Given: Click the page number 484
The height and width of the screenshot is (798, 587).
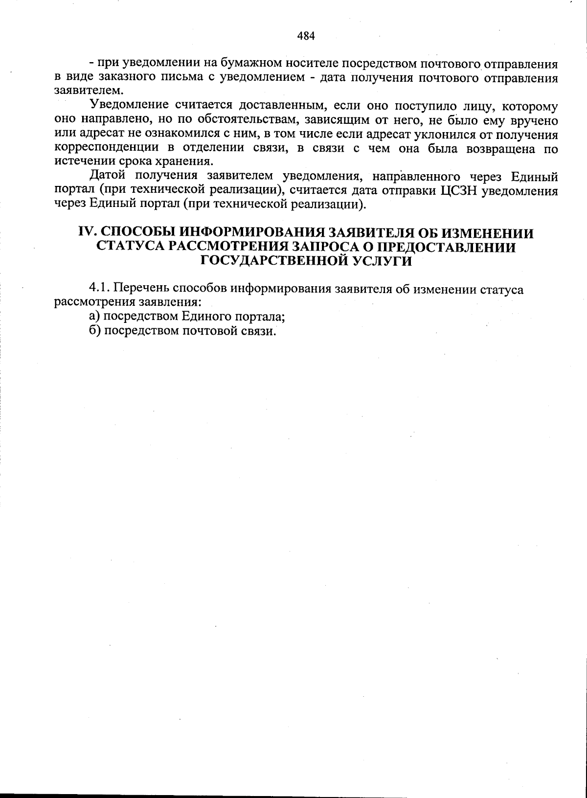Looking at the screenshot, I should pyautogui.click(x=306, y=36).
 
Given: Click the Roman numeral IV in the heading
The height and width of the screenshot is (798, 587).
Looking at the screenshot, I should pyautogui.click(x=87, y=233).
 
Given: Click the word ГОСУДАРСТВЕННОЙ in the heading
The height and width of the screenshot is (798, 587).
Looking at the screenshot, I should pyautogui.click(x=273, y=261).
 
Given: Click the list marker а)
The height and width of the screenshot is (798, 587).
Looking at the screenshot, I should pyautogui.click(x=95, y=317).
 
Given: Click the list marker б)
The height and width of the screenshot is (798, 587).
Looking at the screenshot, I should pyautogui.click(x=95, y=331).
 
